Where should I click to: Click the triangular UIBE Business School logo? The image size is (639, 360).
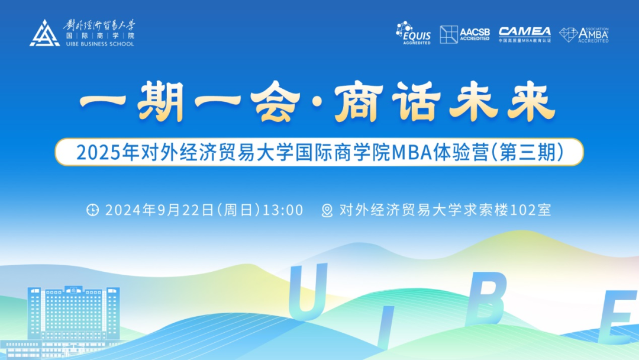(x=44, y=34)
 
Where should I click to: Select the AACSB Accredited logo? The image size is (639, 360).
(x=465, y=34)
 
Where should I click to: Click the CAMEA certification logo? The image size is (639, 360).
(x=524, y=34)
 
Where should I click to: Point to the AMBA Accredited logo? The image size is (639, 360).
(x=584, y=34)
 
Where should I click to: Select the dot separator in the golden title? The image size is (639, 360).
(x=314, y=107)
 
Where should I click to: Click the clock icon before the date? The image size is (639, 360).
(x=93, y=210)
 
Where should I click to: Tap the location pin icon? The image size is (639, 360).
(x=327, y=211)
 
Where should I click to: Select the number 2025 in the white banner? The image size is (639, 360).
(x=95, y=152)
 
